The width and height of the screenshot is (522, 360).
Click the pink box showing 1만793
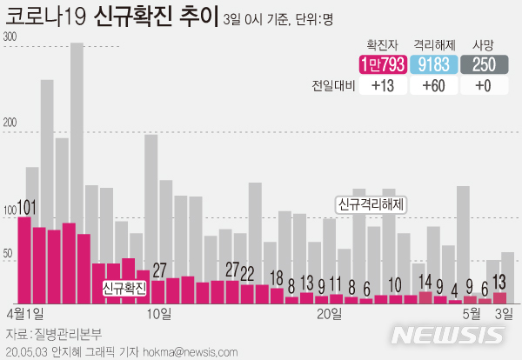381,65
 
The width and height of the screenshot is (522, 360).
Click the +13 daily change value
381,86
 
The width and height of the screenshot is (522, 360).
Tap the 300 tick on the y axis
10,37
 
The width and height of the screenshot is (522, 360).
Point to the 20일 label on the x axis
329,312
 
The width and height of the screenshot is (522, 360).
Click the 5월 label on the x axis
471,312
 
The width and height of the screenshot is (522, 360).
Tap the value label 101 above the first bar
26,207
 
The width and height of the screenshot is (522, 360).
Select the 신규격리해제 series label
373,204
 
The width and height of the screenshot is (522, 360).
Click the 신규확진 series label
124,286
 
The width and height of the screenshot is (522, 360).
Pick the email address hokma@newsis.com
193,351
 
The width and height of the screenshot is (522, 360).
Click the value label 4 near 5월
454,289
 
